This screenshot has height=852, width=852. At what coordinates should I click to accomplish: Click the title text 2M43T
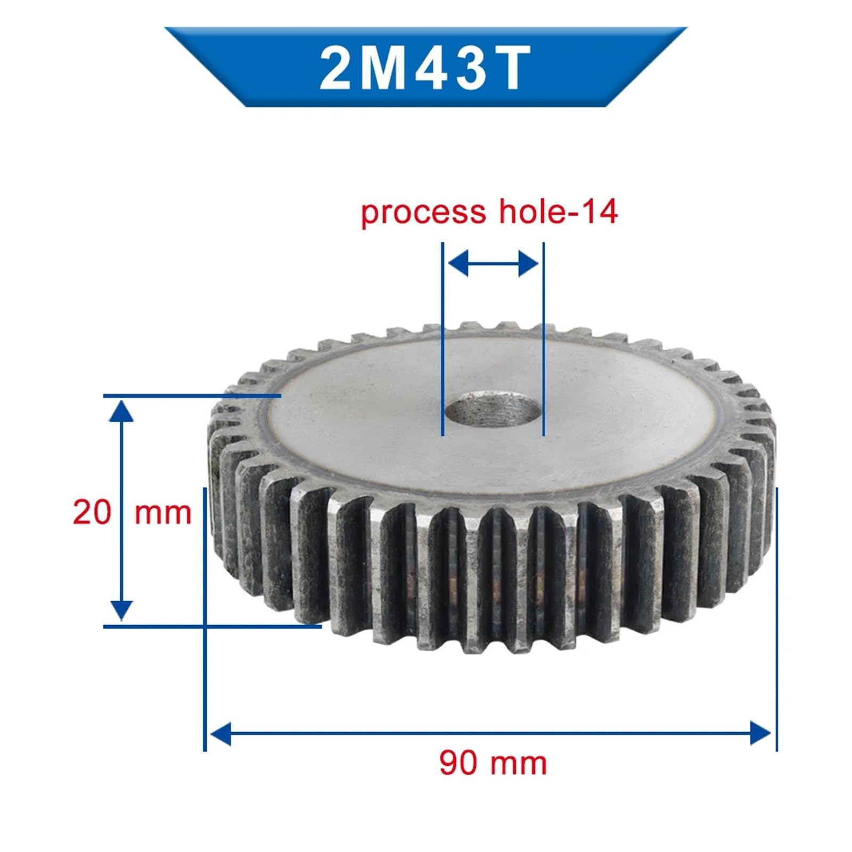click(x=425, y=68)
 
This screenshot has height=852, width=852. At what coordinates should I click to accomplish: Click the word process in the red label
click(x=423, y=212)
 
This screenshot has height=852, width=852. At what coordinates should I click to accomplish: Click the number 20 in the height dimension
click(x=92, y=512)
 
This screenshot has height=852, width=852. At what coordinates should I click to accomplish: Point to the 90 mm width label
click(x=493, y=763)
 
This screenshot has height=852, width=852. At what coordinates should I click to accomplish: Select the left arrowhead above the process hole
click(x=458, y=264)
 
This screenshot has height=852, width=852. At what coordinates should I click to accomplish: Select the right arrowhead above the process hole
click(x=528, y=264)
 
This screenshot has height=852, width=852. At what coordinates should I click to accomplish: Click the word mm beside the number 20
click(x=162, y=513)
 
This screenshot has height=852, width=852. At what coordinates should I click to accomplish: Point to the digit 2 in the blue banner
click(x=335, y=68)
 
